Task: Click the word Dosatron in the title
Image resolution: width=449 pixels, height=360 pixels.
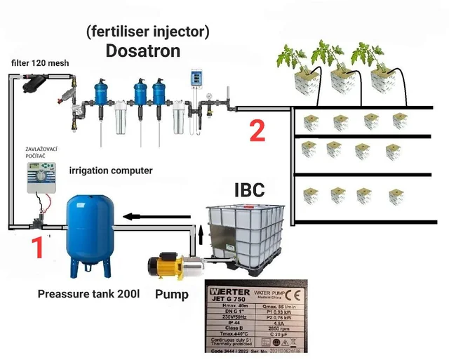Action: (142, 51)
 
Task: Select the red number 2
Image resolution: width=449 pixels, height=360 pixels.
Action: (257, 131)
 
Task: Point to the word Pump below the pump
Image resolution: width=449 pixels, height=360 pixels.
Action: (171, 294)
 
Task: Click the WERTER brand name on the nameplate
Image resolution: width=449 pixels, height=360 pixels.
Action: (228, 291)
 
